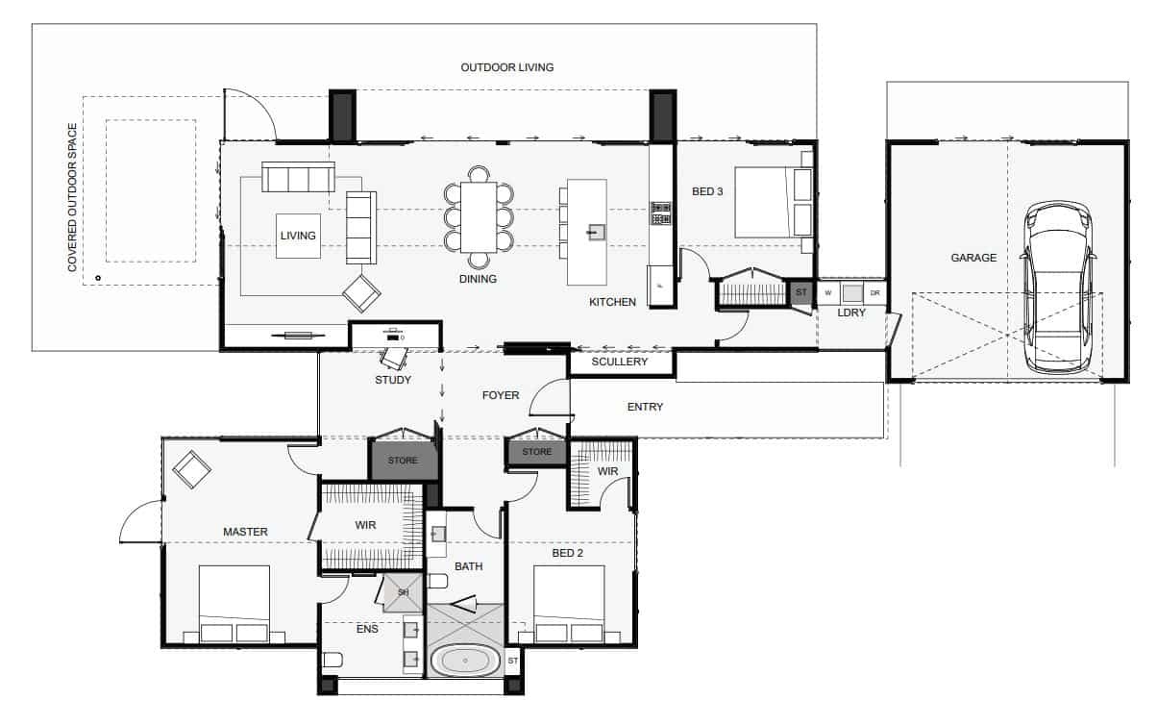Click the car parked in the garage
coord(1058,287)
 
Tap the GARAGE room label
coord(973,258)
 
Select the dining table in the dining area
coord(479,217)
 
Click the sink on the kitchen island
coord(597,232)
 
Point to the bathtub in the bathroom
coord(465,661)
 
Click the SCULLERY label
coord(619,362)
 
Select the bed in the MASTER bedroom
coord(234,604)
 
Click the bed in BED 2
coord(569,604)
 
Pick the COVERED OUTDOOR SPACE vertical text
coord(72,197)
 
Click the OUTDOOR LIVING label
coord(506,67)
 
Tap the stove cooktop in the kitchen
coord(660,212)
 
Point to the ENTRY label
coord(645,407)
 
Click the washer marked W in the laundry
coord(828,293)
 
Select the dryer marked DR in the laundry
coord(874,293)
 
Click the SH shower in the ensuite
coord(404,592)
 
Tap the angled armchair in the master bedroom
coord(191,470)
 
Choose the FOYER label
coord(501,395)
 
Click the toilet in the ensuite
coord(332,660)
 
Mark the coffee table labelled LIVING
coord(298,236)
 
